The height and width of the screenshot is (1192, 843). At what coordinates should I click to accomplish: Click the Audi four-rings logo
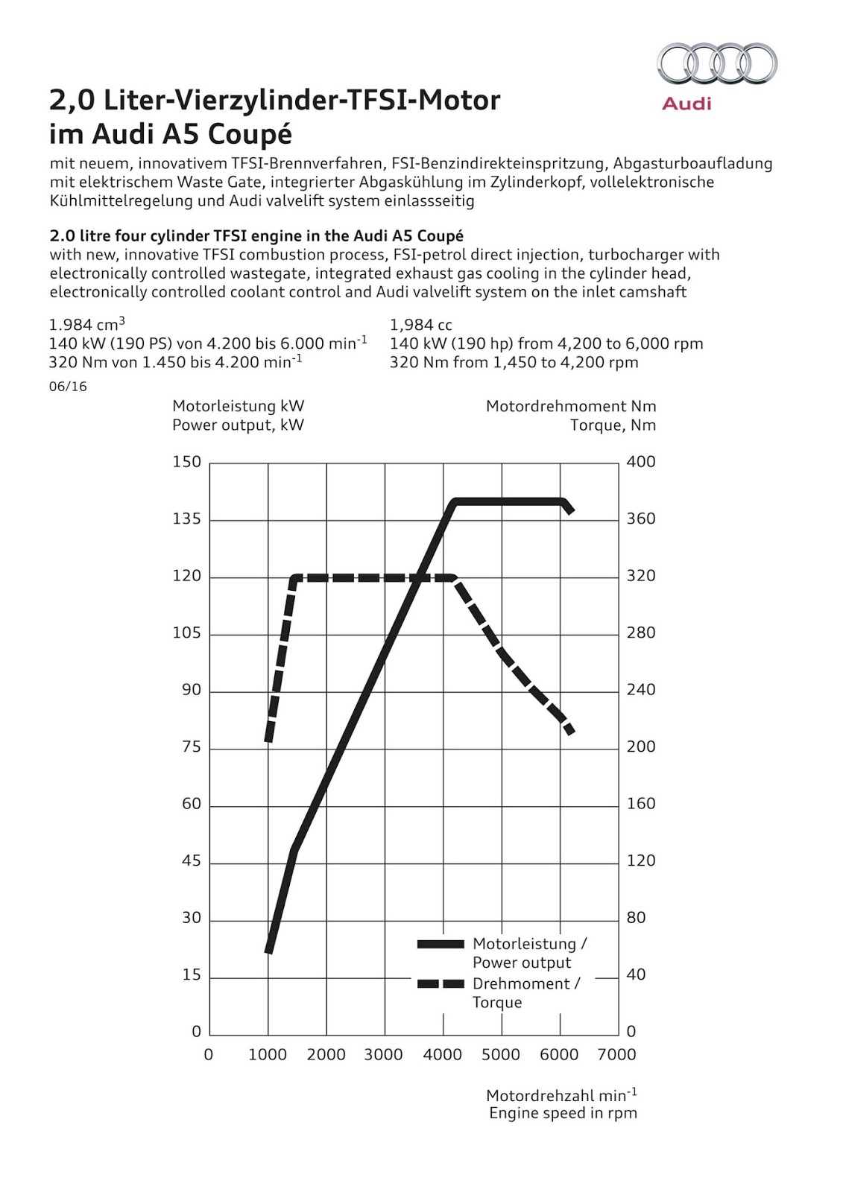(716, 64)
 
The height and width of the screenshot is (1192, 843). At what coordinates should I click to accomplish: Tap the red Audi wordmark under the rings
(686, 104)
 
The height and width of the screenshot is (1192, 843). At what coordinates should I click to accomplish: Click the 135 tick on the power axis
(187, 519)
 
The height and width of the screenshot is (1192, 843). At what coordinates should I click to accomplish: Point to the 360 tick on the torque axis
(641, 519)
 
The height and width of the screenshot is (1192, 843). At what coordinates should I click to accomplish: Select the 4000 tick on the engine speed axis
(443, 1055)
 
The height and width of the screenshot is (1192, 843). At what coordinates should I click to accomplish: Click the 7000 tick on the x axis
(617, 1055)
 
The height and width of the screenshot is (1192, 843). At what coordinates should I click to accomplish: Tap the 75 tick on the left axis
(192, 747)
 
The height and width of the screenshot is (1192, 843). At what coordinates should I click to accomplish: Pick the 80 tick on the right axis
(636, 918)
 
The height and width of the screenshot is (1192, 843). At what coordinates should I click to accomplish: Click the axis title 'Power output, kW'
(238, 425)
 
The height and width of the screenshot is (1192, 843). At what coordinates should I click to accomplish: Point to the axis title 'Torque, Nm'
(613, 425)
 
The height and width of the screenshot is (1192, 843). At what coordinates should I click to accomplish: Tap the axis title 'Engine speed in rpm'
(563, 1114)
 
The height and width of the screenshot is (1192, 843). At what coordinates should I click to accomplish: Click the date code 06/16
(68, 387)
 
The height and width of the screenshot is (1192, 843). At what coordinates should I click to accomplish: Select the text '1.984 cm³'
(86, 325)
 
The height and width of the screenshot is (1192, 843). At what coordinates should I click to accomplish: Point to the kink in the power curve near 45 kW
(294, 850)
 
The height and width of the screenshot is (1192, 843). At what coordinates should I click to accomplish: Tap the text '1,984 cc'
(421, 325)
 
